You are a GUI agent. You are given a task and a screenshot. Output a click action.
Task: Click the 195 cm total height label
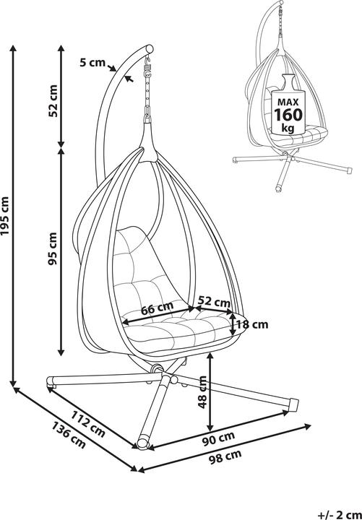click(x=7, y=216)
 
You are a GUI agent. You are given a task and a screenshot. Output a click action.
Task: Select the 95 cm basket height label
click(x=52, y=249)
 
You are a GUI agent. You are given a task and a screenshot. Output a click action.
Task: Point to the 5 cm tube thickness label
click(x=92, y=62)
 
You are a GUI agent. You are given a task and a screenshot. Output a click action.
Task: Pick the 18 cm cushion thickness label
click(x=251, y=325)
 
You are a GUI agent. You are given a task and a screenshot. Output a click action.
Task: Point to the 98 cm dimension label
click(x=229, y=456)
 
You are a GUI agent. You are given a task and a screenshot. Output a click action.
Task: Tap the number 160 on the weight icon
click(x=287, y=116)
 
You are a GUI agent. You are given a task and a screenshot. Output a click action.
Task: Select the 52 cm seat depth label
click(x=213, y=302)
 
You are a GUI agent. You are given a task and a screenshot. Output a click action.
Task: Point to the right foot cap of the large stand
click(x=293, y=402)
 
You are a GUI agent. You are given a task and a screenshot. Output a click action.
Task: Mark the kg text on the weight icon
click(x=287, y=129)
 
